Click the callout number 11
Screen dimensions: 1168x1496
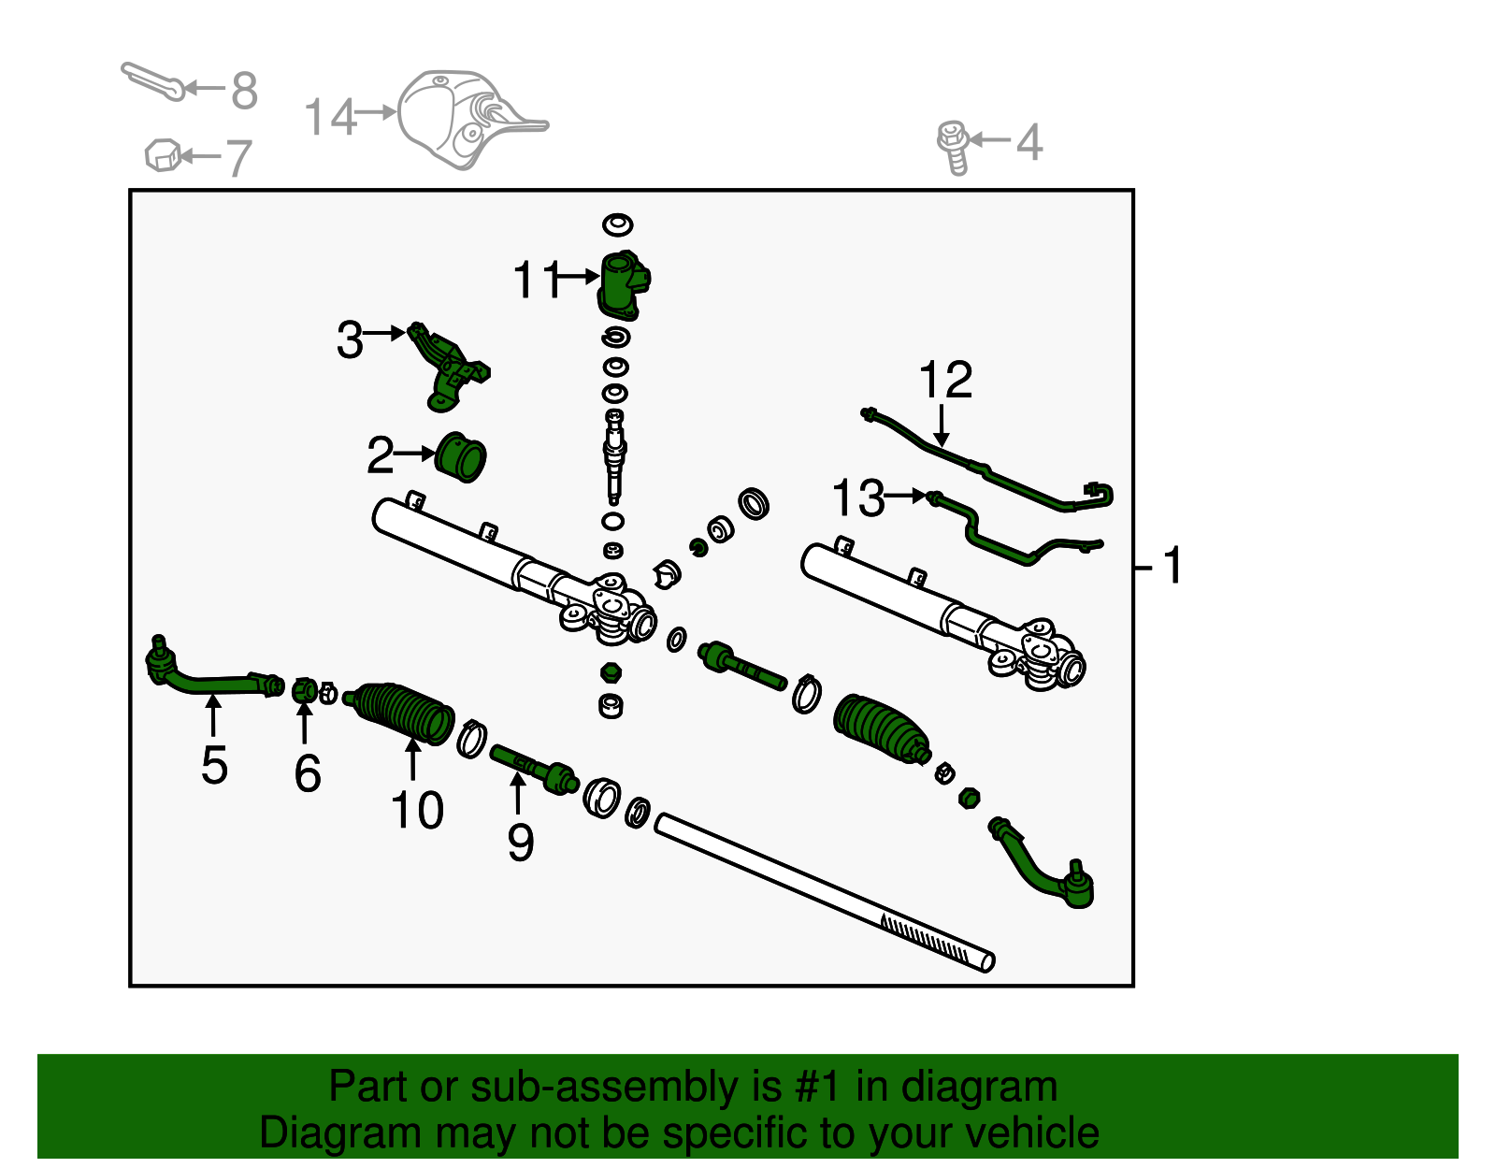pos(537,280)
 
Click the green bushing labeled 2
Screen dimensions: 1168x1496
pos(461,457)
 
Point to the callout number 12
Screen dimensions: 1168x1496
pos(945,381)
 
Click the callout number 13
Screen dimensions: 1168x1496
pos(857,498)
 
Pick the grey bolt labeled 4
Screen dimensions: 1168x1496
pos(953,146)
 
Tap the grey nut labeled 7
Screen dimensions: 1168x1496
pos(162,154)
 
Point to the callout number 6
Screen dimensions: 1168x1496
pos(308,773)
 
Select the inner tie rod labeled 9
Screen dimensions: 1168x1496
pos(533,767)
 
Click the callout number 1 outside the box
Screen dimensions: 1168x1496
pos(1172,567)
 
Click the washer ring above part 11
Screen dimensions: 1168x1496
pos(617,224)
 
